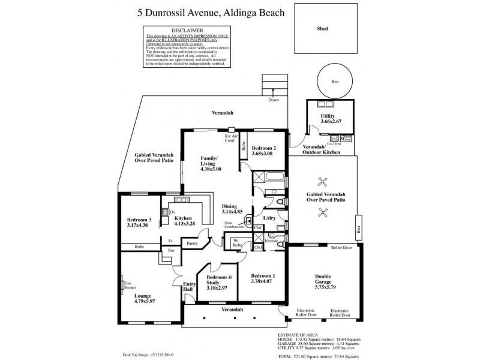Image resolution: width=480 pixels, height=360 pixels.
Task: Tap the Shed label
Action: (322, 28)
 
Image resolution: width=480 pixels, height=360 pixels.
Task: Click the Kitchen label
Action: (182, 220)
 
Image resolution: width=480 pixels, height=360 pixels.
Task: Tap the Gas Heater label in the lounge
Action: (127, 286)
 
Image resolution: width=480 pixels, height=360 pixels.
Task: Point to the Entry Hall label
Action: (188, 287)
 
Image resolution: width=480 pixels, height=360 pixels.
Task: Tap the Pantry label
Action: (192, 244)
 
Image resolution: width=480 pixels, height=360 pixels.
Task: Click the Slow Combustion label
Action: (234, 224)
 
